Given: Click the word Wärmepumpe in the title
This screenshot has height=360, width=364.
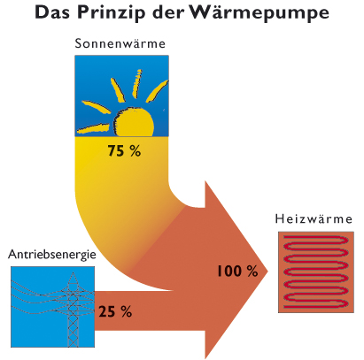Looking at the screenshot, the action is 259,12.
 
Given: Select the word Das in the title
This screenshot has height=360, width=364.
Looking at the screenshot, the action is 53,11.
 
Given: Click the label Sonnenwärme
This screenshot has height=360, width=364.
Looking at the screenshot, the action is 120,43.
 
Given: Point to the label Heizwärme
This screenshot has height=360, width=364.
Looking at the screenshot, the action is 314,218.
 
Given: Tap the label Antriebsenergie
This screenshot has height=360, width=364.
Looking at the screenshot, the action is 52,254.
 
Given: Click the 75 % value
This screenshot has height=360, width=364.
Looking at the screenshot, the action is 124,150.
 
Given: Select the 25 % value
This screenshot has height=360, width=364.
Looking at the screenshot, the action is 115,311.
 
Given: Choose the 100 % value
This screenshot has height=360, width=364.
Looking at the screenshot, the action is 237,271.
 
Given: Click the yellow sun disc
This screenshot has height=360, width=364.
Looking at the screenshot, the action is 135,122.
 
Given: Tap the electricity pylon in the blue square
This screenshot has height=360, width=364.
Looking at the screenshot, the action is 73,310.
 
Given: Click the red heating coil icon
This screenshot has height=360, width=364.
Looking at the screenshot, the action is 316,272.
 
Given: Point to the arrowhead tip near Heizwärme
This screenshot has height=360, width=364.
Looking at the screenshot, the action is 267,271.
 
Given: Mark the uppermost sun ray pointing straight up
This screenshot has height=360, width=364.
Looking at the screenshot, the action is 137,83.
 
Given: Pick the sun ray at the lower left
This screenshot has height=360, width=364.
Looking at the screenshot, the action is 93,129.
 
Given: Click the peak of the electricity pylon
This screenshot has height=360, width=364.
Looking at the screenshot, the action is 73,272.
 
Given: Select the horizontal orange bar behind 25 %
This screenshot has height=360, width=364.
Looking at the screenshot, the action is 149,310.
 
